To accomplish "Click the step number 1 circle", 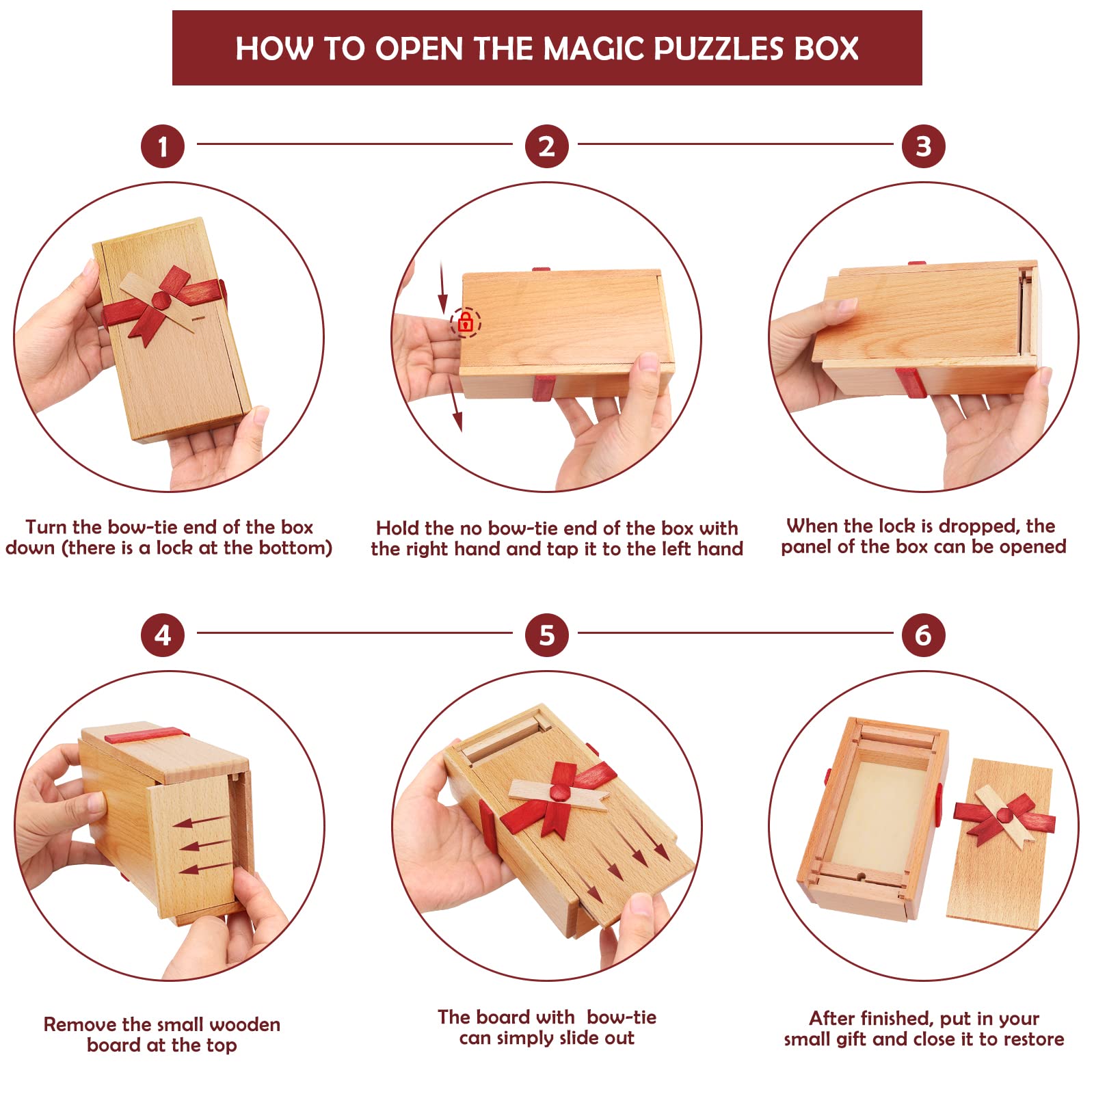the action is (163, 146).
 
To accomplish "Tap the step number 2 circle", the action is (546, 146).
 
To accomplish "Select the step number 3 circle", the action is (923, 146).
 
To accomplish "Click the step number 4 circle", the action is (163, 635).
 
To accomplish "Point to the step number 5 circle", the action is (546, 635).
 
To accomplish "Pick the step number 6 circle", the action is (923, 635).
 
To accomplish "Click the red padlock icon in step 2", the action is (466, 322).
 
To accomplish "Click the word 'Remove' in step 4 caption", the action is (80, 1024).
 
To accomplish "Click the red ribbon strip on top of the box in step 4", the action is (146, 736).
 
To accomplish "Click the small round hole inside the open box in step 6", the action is (861, 876).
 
